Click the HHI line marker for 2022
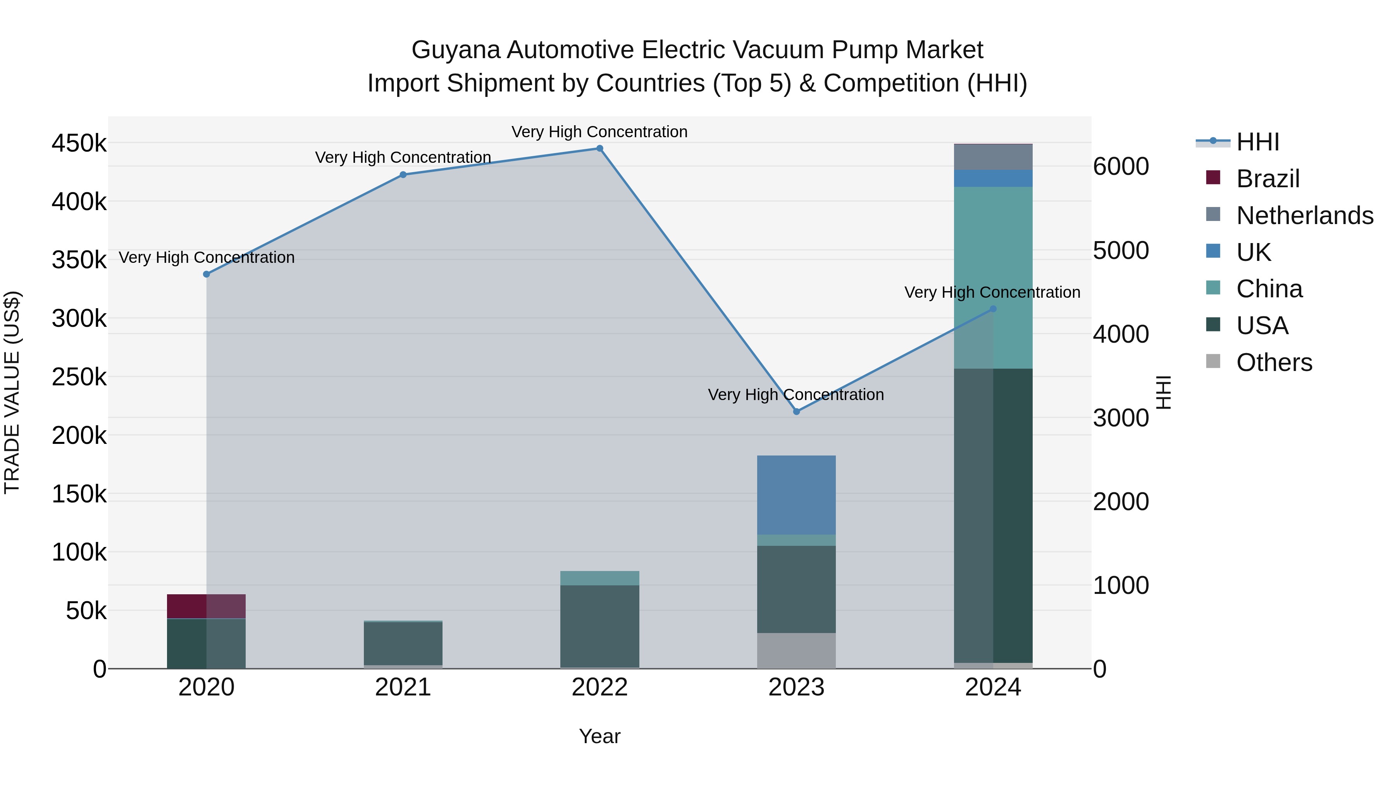pyautogui.click(x=599, y=148)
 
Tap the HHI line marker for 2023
pyautogui.click(x=796, y=412)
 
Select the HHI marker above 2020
pyautogui.click(x=206, y=274)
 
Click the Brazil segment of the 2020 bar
pyautogui.click(x=206, y=606)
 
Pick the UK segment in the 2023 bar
pyautogui.click(x=796, y=495)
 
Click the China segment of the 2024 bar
pyautogui.click(x=993, y=278)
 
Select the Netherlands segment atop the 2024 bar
pyautogui.click(x=993, y=157)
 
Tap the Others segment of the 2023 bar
pyautogui.click(x=796, y=650)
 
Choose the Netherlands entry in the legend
pyautogui.click(x=1305, y=216)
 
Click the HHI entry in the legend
pyautogui.click(x=1257, y=142)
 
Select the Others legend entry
pyautogui.click(x=1274, y=362)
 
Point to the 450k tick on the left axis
pyautogui.click(x=79, y=144)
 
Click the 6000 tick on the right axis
pyautogui.click(x=1120, y=166)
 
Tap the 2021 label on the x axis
pyautogui.click(x=403, y=687)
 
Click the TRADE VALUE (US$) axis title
pyautogui.click(x=12, y=392)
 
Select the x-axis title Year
pyautogui.click(x=599, y=736)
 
